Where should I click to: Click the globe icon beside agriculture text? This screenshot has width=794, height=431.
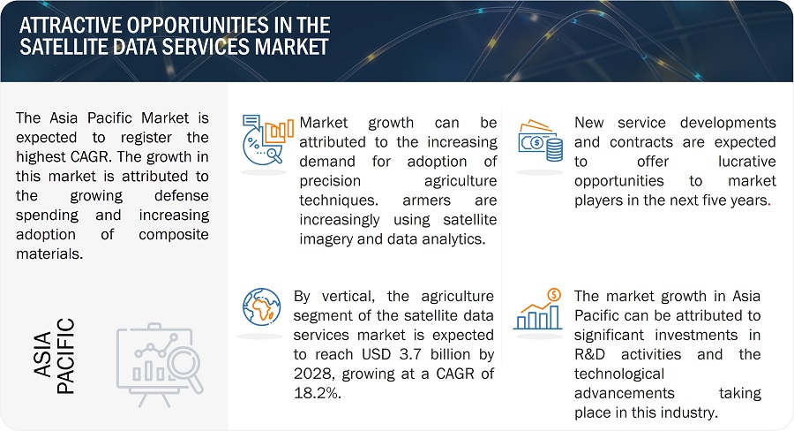click(261, 307)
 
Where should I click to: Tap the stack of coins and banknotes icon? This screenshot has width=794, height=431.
click(539, 140)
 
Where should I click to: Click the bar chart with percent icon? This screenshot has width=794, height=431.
click(266, 137)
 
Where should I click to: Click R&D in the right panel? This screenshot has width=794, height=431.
click(592, 354)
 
